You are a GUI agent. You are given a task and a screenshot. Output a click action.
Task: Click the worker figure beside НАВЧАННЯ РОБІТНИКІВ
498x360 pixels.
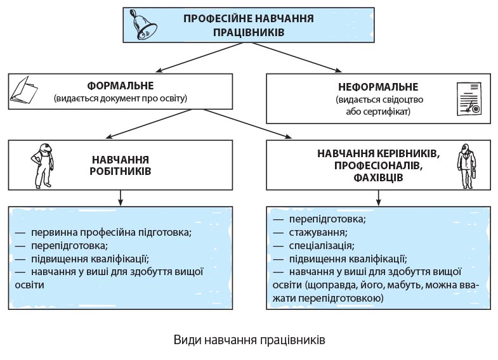point(42,164)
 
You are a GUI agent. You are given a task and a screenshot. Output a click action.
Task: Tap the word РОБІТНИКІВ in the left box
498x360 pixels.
point(120,172)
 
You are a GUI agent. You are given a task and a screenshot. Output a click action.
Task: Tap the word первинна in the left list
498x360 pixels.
point(51,232)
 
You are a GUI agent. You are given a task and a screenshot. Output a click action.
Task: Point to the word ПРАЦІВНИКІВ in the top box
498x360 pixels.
point(249,31)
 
